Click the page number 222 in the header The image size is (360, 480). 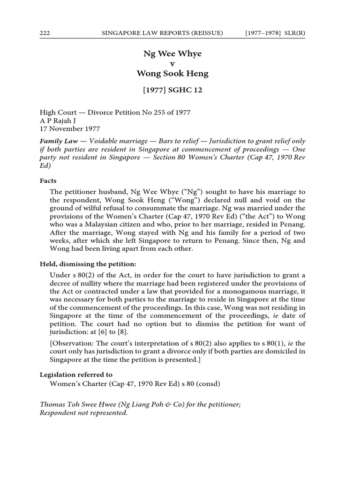click(45, 32)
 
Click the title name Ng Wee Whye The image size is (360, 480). click(172, 53)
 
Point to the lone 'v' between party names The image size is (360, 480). click(172, 63)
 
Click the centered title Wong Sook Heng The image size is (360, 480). click(172, 74)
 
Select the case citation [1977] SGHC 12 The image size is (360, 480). click(172, 90)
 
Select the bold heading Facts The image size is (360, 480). click(48, 180)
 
